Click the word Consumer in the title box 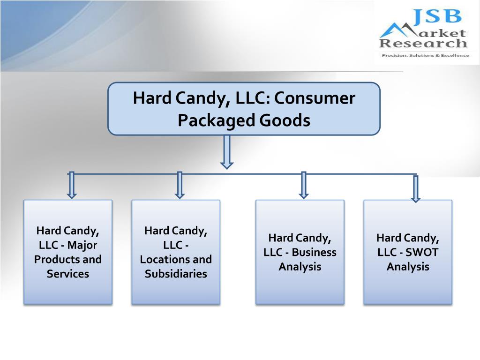[315, 98]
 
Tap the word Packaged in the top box [210, 120]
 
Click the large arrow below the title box [227, 152]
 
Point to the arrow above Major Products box [72, 185]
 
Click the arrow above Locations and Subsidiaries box [180, 185]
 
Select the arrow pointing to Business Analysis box [304, 185]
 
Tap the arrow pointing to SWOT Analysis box [415, 188]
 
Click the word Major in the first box [82, 245]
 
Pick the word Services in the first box [68, 274]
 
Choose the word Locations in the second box [162, 259]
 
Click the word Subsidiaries [176, 274]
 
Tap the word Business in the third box [314, 252]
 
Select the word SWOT [422, 252]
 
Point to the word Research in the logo [423, 44]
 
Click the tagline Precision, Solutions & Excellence [425, 55]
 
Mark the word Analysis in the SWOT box [408, 267]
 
